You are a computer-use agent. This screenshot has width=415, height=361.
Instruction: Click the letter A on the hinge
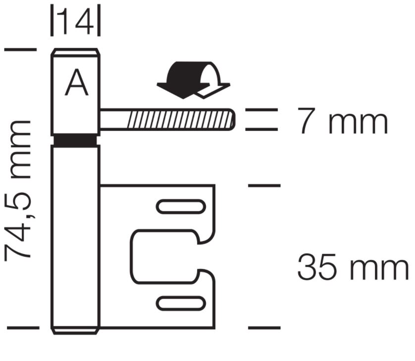(77, 83)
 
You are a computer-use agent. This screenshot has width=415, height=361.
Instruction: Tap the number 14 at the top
(76, 20)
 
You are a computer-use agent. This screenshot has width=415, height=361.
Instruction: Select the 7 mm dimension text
(342, 121)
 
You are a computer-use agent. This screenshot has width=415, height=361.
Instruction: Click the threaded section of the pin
(178, 120)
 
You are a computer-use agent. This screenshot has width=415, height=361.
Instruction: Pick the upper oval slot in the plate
(181, 206)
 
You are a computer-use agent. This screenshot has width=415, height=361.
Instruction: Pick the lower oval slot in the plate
(181, 302)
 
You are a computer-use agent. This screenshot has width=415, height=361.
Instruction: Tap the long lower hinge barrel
(76, 238)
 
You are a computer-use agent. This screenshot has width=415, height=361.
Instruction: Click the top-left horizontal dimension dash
(20, 50)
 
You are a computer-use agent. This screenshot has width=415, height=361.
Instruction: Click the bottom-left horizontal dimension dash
(22, 328)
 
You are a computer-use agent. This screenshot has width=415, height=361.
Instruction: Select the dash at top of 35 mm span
(264, 185)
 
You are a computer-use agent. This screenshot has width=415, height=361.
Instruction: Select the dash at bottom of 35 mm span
(264, 328)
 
